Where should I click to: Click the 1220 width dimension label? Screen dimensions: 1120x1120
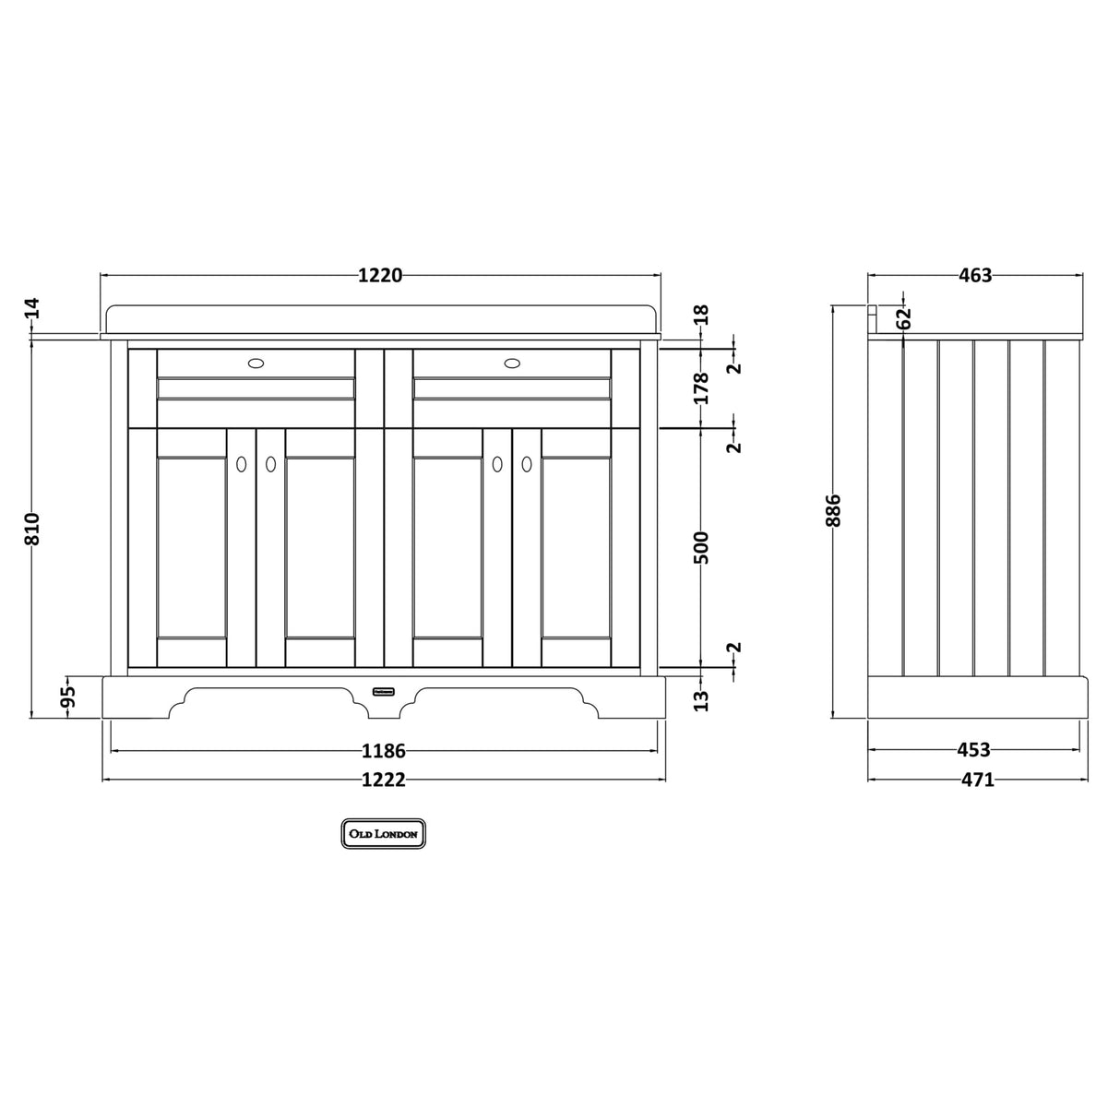(380, 276)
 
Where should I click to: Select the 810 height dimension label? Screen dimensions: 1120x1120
(33, 529)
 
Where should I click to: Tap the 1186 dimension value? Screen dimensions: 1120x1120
(384, 752)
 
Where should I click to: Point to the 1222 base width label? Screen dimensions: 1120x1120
(383, 780)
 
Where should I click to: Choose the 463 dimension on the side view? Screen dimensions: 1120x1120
(974, 276)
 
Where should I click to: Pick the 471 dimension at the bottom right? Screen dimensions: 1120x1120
(977, 780)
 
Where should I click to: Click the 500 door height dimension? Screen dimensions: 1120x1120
(702, 548)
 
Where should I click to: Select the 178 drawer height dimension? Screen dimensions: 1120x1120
(702, 388)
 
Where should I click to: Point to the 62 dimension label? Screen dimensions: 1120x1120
(904, 317)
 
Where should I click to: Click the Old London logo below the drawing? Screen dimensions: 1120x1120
(384, 833)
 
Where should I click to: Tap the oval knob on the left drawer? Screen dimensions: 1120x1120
(256, 363)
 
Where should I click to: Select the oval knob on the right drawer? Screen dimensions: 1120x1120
(512, 363)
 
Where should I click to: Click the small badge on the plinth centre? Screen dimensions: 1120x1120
(384, 690)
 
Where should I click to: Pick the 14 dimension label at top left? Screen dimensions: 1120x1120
(33, 308)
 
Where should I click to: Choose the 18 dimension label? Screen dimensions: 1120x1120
(702, 314)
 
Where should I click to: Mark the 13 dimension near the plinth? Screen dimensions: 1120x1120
(702, 700)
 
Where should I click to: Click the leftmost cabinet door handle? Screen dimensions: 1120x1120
(242, 465)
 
